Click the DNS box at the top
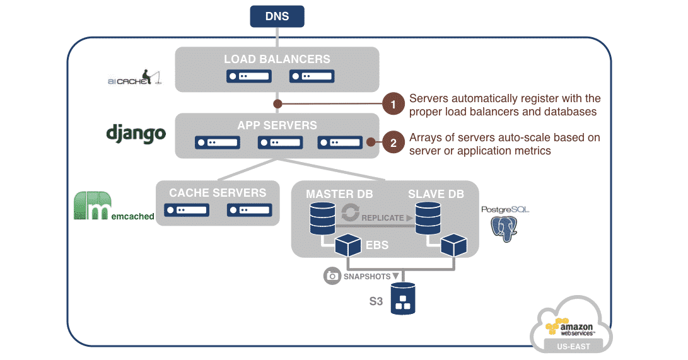point(277,16)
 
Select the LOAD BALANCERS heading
point(277,59)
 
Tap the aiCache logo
point(134,78)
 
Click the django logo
point(136,133)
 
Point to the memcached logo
point(114,206)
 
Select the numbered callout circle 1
point(394,104)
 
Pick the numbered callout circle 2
point(394,143)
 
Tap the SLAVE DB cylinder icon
point(428,218)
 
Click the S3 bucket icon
point(403,299)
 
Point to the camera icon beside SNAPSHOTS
point(332,276)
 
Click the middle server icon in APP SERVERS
point(280,142)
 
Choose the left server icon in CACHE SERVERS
point(187,209)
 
